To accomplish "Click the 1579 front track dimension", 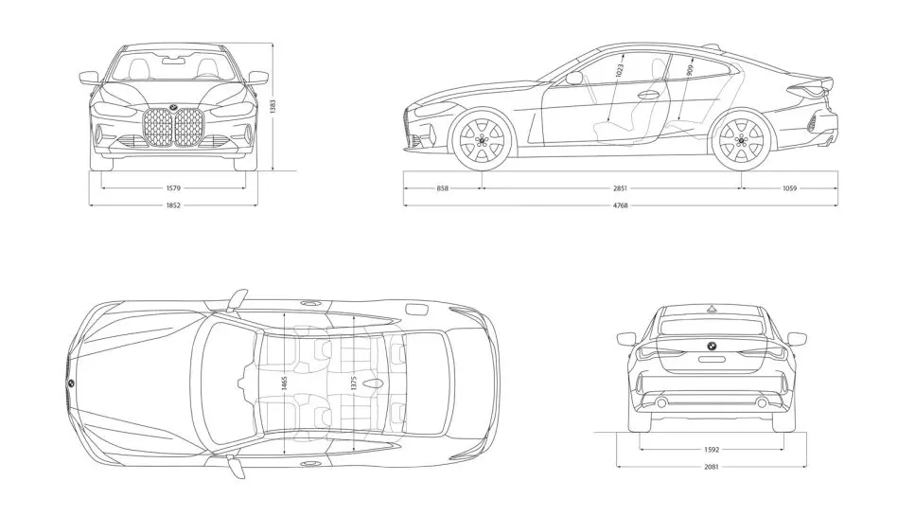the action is tap(173, 188).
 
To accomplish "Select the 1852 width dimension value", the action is tap(173, 205).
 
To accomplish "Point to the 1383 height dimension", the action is tap(273, 106).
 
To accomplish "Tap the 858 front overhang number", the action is tap(442, 188).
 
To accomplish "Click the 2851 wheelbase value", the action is tap(620, 188).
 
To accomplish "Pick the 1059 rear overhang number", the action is tap(789, 188).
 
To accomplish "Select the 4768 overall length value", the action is tap(621, 205).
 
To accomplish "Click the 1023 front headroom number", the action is tap(619, 71).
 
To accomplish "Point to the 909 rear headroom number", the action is tap(690, 71).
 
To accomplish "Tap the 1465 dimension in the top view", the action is tap(284, 383).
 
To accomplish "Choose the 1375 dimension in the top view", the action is tap(354, 383).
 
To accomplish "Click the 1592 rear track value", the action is tap(712, 449).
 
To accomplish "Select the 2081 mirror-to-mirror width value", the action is tap(712, 466).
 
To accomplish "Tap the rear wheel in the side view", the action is tap(742, 139).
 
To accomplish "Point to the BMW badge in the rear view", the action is tap(712, 346).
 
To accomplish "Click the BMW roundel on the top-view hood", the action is tap(70, 383).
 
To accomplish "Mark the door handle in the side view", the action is tap(648, 94).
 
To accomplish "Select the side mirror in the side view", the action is tap(573, 78).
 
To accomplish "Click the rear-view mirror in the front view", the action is tap(173, 59).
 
